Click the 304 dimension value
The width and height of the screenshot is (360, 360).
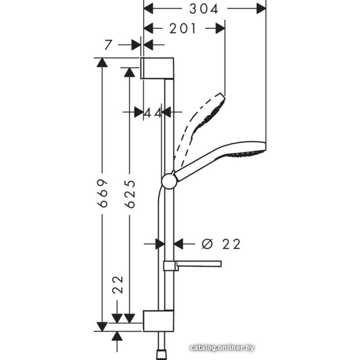[204, 9]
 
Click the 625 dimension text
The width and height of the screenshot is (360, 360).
[130, 194]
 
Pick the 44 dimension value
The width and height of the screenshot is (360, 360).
[152, 113]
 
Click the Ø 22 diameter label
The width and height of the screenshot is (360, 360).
[221, 244]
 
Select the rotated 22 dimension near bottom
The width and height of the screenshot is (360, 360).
[117, 285]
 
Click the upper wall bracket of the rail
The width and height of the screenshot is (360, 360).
[157, 68]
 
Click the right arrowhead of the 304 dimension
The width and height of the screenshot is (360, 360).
[261, 9]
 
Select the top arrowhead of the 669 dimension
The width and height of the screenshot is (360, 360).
[102, 62]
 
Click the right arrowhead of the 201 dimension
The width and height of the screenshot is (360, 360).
[220, 28]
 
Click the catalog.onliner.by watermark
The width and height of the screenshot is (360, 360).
[222, 347]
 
